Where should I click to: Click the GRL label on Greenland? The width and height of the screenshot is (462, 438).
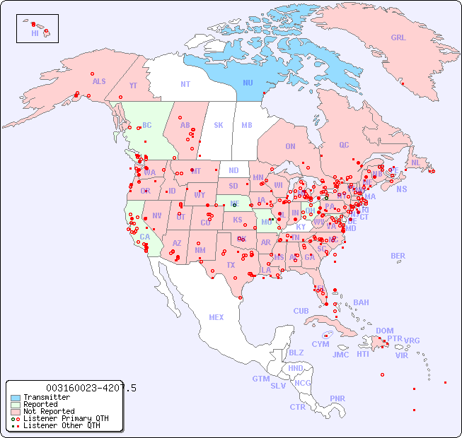point(398,38)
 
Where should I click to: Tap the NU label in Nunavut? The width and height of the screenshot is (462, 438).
point(248,83)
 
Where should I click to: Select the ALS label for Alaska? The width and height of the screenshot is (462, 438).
point(99,81)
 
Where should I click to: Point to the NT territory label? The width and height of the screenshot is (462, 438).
point(185,83)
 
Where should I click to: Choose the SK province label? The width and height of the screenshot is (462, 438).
point(219,125)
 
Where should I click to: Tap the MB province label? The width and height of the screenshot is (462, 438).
point(246,125)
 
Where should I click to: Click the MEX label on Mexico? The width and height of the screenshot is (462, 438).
point(216,317)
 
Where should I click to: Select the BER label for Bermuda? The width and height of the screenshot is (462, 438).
point(398,256)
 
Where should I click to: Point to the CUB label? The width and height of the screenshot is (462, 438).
point(301,311)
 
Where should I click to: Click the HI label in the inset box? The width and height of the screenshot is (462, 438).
point(35,33)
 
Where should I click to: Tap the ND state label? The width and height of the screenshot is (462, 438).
point(233,170)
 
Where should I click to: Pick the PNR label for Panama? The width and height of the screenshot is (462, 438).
point(337,398)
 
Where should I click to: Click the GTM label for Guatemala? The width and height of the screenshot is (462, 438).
point(260,379)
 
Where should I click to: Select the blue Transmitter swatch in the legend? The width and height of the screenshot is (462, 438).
point(16,398)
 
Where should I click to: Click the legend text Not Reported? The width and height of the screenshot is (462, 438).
point(48,411)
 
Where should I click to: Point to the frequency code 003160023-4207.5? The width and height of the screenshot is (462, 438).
point(91,388)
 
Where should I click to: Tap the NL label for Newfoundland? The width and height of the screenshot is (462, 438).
point(415,162)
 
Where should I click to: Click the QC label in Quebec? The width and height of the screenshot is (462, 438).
point(344,145)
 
